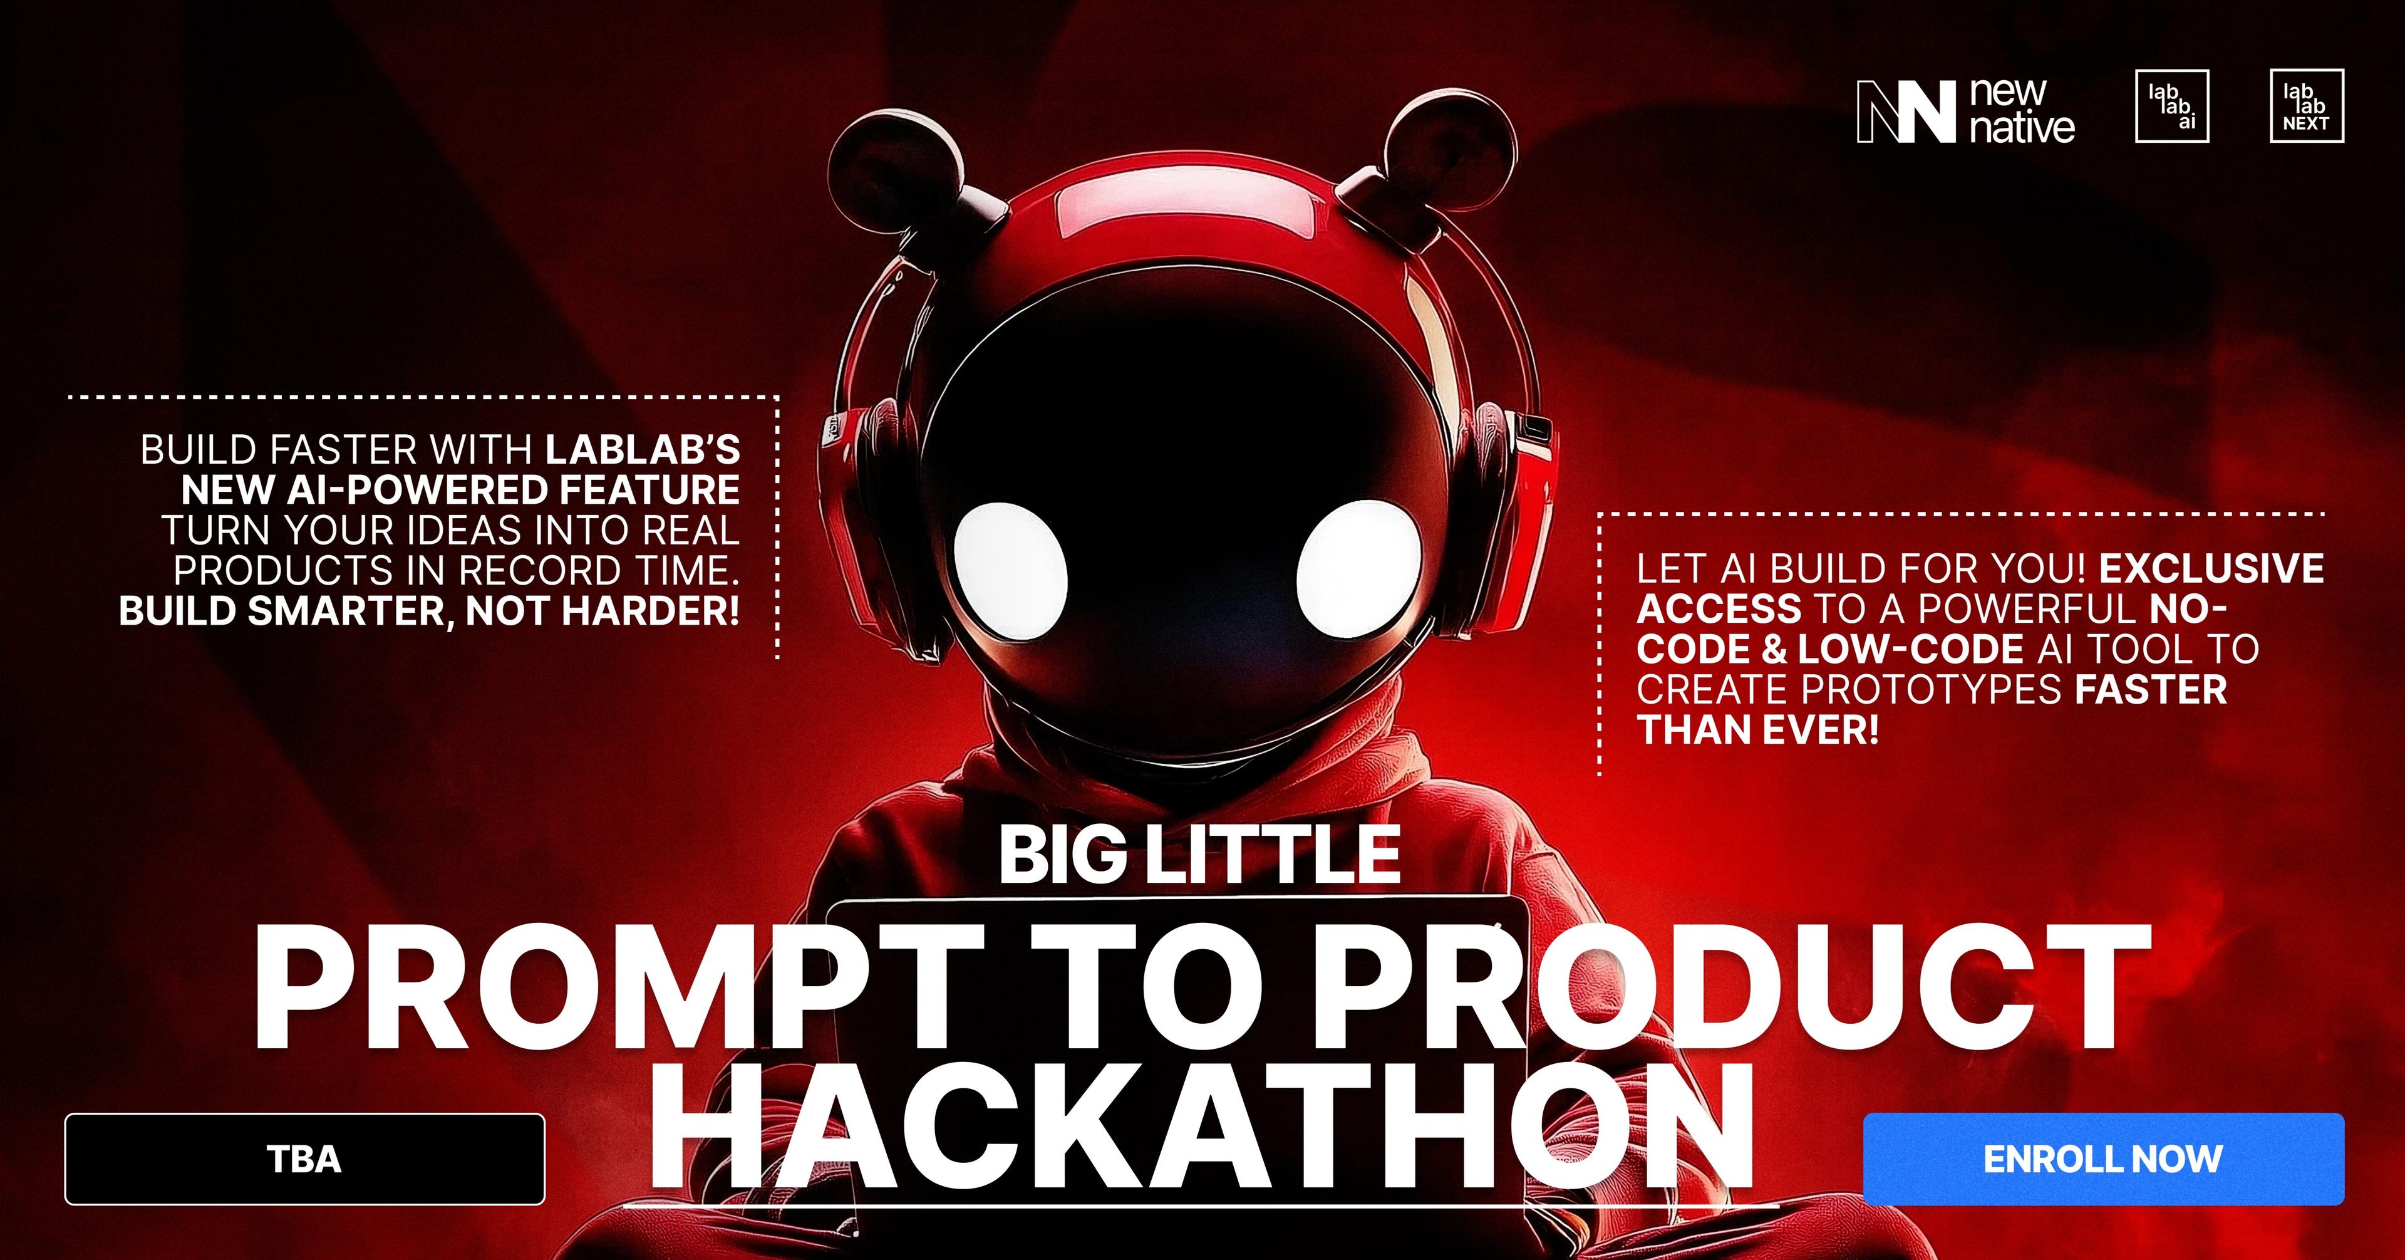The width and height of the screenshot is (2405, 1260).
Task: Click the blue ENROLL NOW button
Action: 2102,1158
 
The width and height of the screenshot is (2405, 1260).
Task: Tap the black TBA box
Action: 304,1159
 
